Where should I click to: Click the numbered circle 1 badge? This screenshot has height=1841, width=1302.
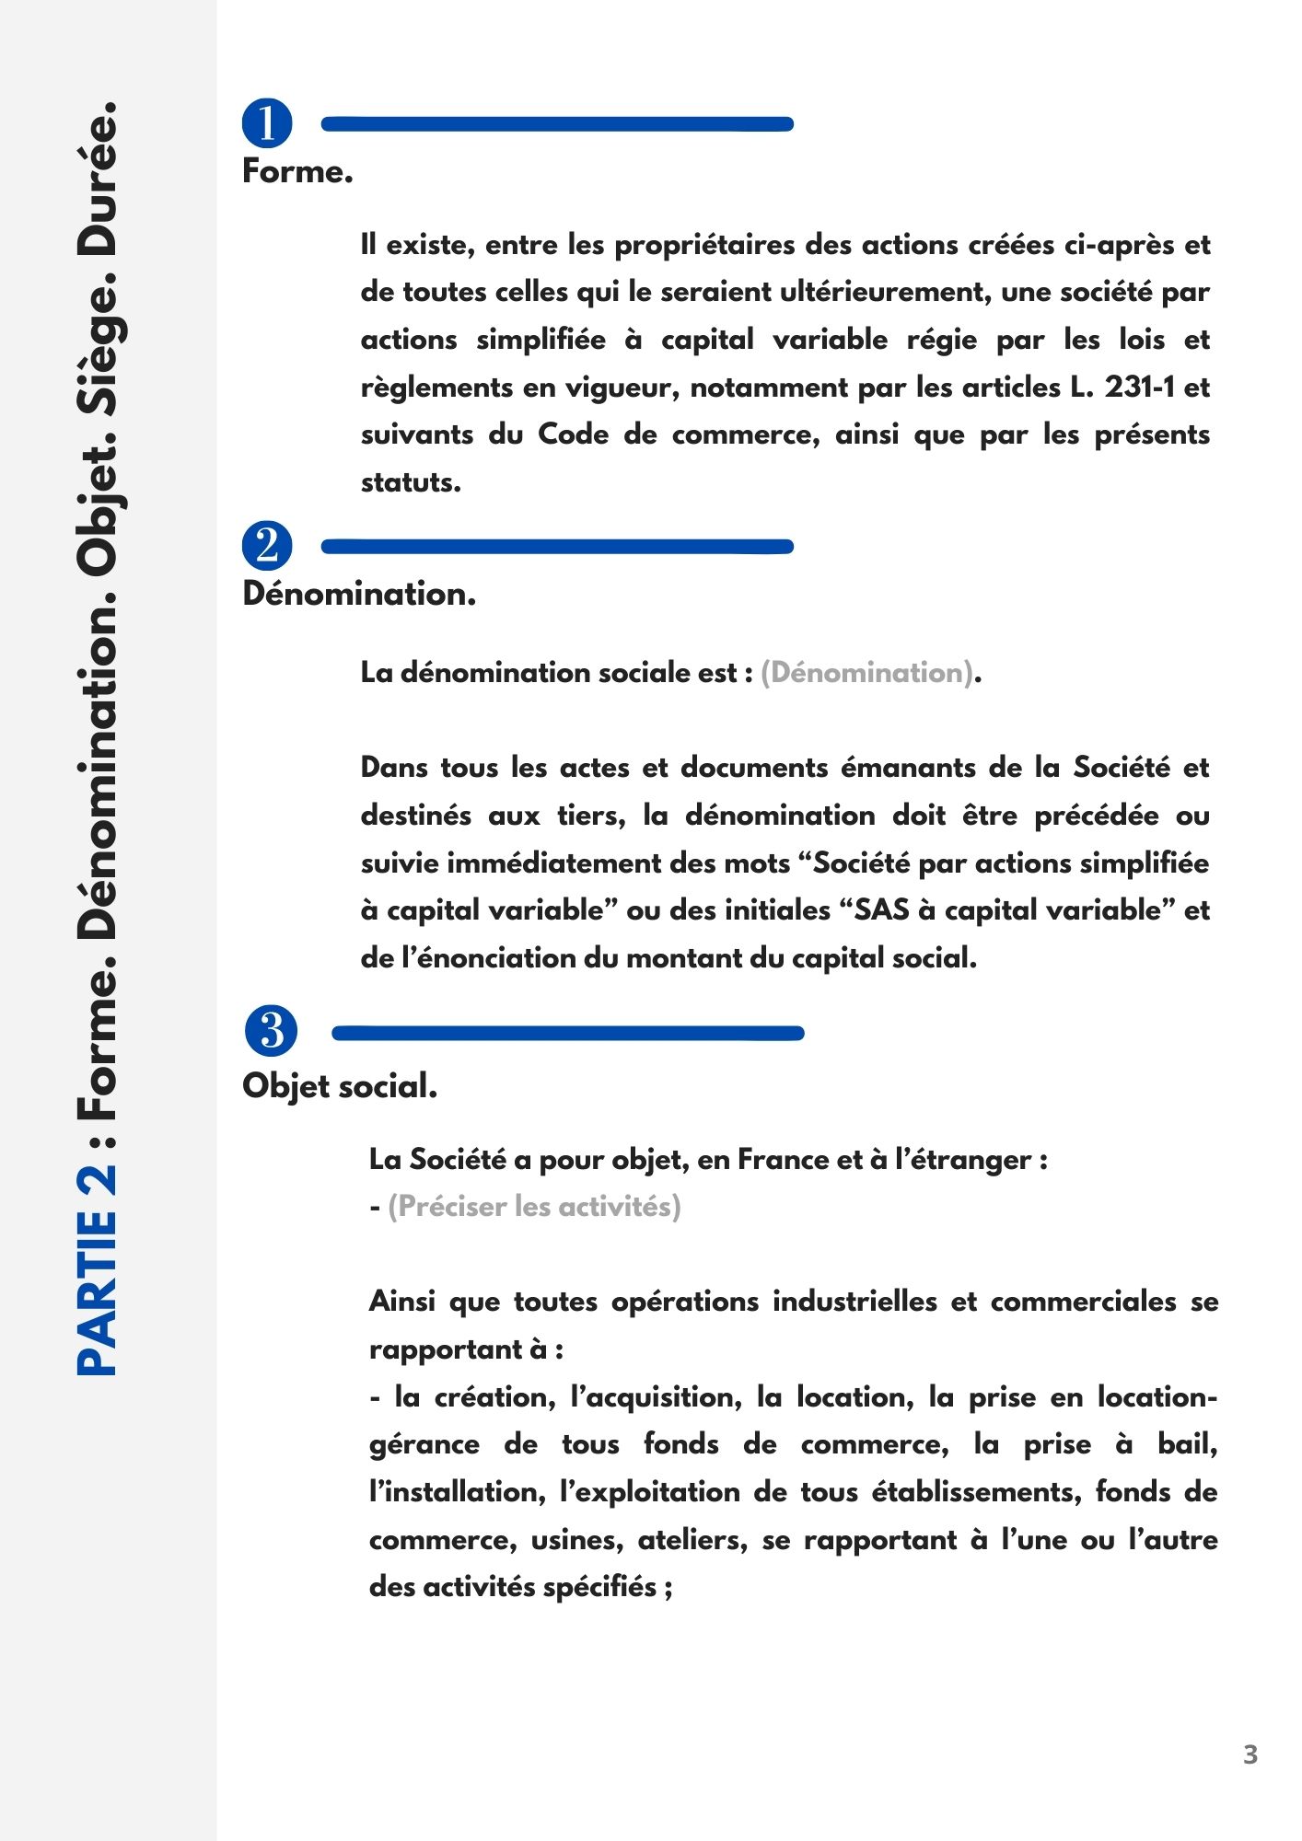point(267,123)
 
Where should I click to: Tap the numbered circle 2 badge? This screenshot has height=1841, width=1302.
point(267,546)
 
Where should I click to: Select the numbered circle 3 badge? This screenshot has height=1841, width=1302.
point(272,1031)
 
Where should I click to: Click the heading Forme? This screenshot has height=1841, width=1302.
point(297,172)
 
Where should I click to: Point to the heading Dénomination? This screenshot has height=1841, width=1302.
point(359,595)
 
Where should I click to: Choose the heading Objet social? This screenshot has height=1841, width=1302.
point(339,1087)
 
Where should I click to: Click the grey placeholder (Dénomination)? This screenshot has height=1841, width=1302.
point(866,673)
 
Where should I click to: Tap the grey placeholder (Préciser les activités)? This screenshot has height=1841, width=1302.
point(534,1207)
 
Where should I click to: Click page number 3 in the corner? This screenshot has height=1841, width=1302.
point(1250,1754)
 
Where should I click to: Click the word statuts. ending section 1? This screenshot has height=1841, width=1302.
point(411,482)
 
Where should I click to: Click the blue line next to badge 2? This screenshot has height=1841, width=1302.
point(557,547)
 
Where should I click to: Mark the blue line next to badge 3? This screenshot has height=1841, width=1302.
point(567,1033)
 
